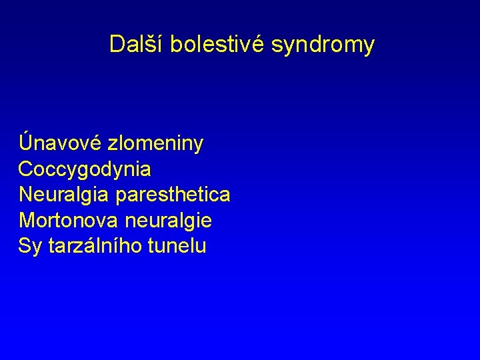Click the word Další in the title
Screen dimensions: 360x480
(137, 45)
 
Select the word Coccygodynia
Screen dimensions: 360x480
(85, 170)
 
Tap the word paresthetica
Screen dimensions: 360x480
(173, 195)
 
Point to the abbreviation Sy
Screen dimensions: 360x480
(30, 247)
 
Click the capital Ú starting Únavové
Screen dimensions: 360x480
(27, 142)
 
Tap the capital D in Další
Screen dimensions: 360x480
(117, 45)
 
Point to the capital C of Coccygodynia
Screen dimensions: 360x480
(26, 169)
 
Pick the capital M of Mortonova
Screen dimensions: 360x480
(27, 221)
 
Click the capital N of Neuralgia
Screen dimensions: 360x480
(26, 195)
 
